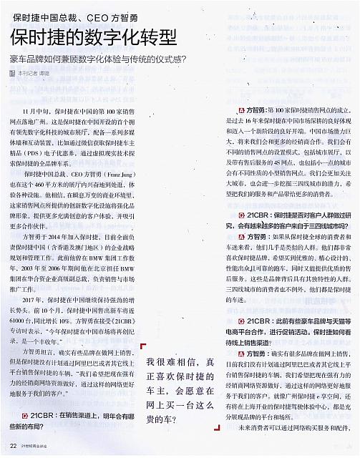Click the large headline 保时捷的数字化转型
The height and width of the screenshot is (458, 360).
[94, 38]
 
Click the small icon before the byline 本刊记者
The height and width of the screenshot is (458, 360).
[12, 73]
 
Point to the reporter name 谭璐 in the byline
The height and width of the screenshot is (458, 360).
[45, 73]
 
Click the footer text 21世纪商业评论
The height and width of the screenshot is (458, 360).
[37, 447]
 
